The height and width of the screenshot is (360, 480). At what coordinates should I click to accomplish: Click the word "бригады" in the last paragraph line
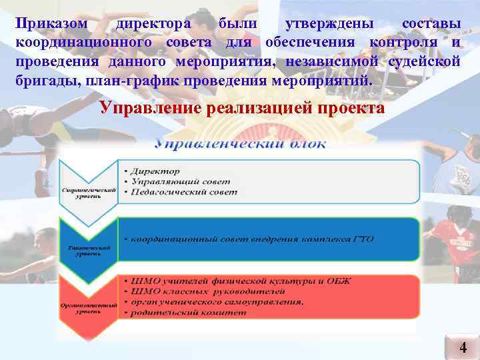[43, 81]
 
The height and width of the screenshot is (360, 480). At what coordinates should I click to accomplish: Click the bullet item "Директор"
[156, 171]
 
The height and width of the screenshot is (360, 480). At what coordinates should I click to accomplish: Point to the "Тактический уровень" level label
[89, 251]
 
